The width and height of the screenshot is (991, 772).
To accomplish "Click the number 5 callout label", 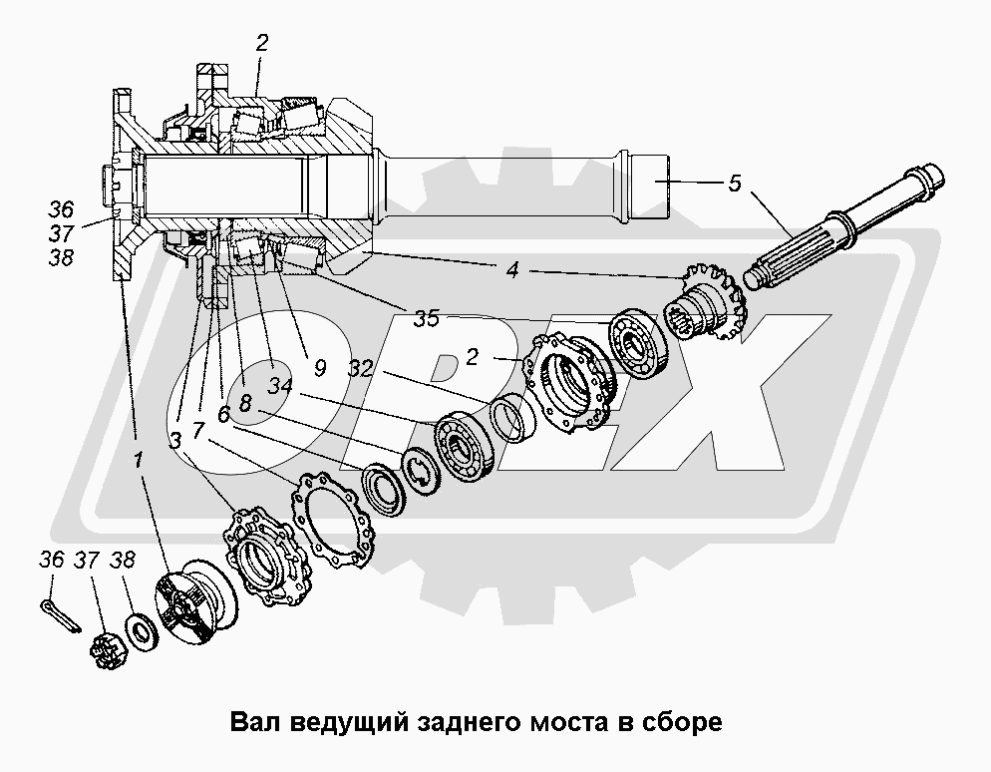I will pos(735,183).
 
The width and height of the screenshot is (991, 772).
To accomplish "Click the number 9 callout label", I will pos(319,367).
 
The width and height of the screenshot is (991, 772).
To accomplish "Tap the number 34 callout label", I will pos(281,386).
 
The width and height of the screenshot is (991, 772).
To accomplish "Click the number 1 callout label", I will pos(139,460).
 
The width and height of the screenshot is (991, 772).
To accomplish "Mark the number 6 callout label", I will pos(224,413).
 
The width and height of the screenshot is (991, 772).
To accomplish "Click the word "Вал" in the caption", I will pos(254,721).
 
